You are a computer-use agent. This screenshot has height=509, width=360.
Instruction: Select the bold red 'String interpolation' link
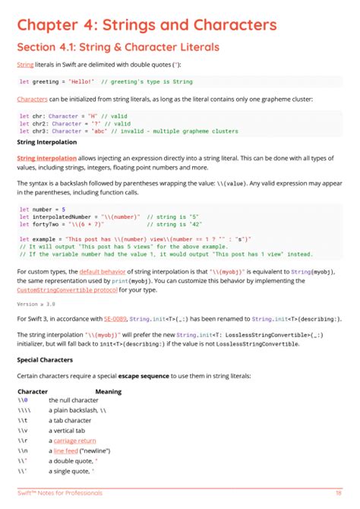coord(46,158)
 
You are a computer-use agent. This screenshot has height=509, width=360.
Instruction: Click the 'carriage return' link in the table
coord(74,440)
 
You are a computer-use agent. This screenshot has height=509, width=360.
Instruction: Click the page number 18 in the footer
coord(338,493)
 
